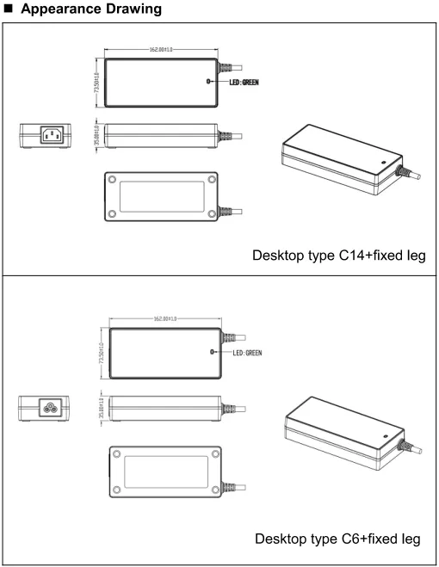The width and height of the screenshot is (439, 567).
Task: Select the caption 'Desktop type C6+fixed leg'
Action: [338, 539]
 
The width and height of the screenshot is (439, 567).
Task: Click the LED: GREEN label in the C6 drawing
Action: [244, 351]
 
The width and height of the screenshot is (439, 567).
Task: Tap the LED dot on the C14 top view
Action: [208, 83]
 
